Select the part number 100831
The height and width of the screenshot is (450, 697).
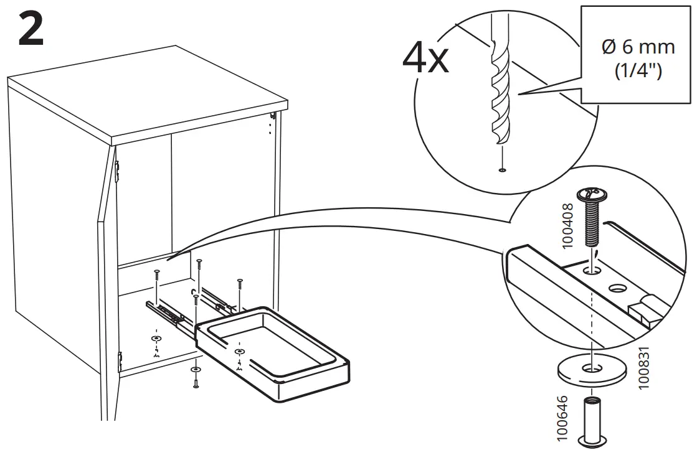pyautogui.click(x=645, y=367)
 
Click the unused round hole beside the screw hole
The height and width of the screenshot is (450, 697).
pyautogui.click(x=618, y=288)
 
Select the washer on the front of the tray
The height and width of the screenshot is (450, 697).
pyautogui.click(x=240, y=353)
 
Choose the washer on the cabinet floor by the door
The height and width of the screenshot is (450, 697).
pyautogui.click(x=155, y=337)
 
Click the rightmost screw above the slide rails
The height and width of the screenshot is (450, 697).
pyautogui.click(x=239, y=284)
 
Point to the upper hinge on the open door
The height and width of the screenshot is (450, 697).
pyautogui.click(x=118, y=171)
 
